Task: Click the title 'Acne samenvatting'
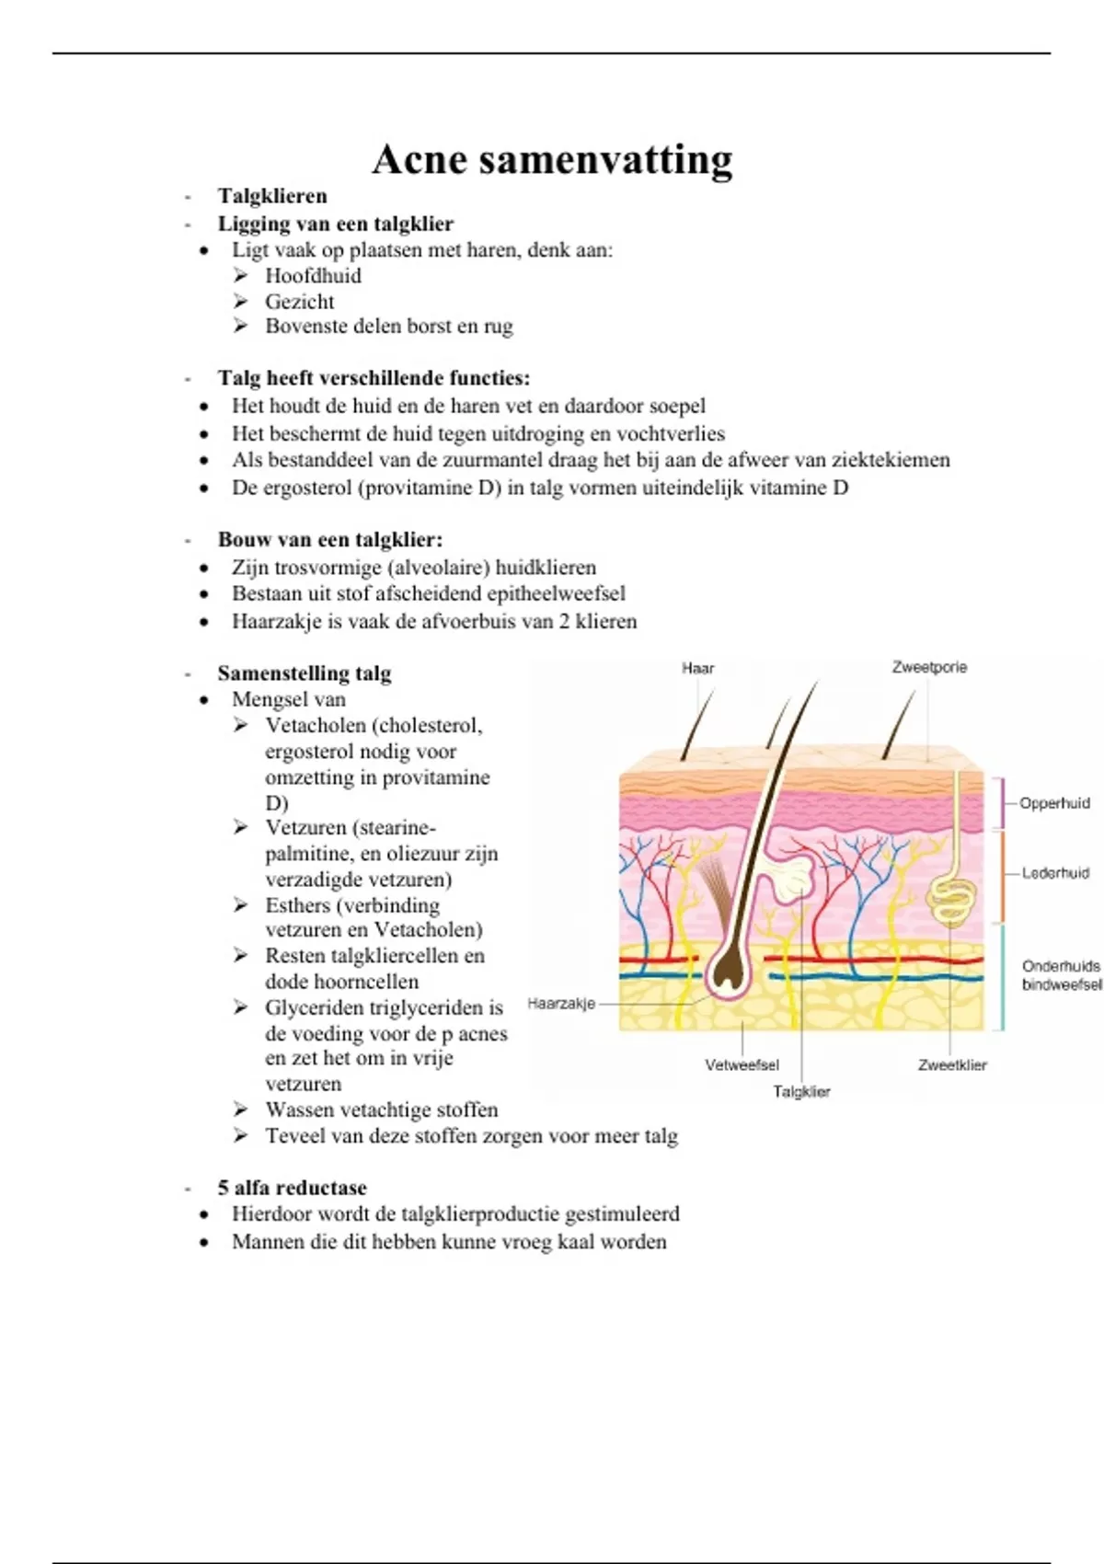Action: click(552, 159)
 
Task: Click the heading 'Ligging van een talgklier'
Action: click(335, 224)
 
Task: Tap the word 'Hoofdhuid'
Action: click(313, 276)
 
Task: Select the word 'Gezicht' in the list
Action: click(300, 302)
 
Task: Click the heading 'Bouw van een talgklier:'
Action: click(329, 540)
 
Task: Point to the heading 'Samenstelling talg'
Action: click(304, 673)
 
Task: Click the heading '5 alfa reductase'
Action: click(292, 1188)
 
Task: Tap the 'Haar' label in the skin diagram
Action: click(697, 669)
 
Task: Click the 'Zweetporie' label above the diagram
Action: click(929, 667)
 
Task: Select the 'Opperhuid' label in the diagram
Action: click(1054, 803)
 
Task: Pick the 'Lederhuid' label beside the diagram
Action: click(1055, 873)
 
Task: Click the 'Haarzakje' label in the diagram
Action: click(561, 1004)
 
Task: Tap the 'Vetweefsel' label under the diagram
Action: click(742, 1065)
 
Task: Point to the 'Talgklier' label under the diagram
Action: click(801, 1092)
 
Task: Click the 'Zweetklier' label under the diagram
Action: click(952, 1065)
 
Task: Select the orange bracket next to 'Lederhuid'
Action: click(1001, 876)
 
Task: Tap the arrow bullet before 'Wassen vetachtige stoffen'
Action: click(240, 1110)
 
